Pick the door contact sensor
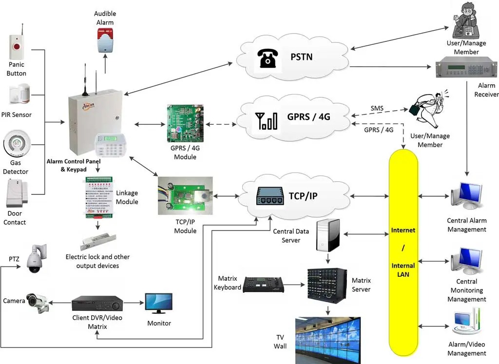(18, 193)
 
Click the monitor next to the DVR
(159, 303)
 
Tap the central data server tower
(327, 235)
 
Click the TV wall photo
(327, 340)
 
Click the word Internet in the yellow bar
(403, 230)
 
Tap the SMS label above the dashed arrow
(377, 107)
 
